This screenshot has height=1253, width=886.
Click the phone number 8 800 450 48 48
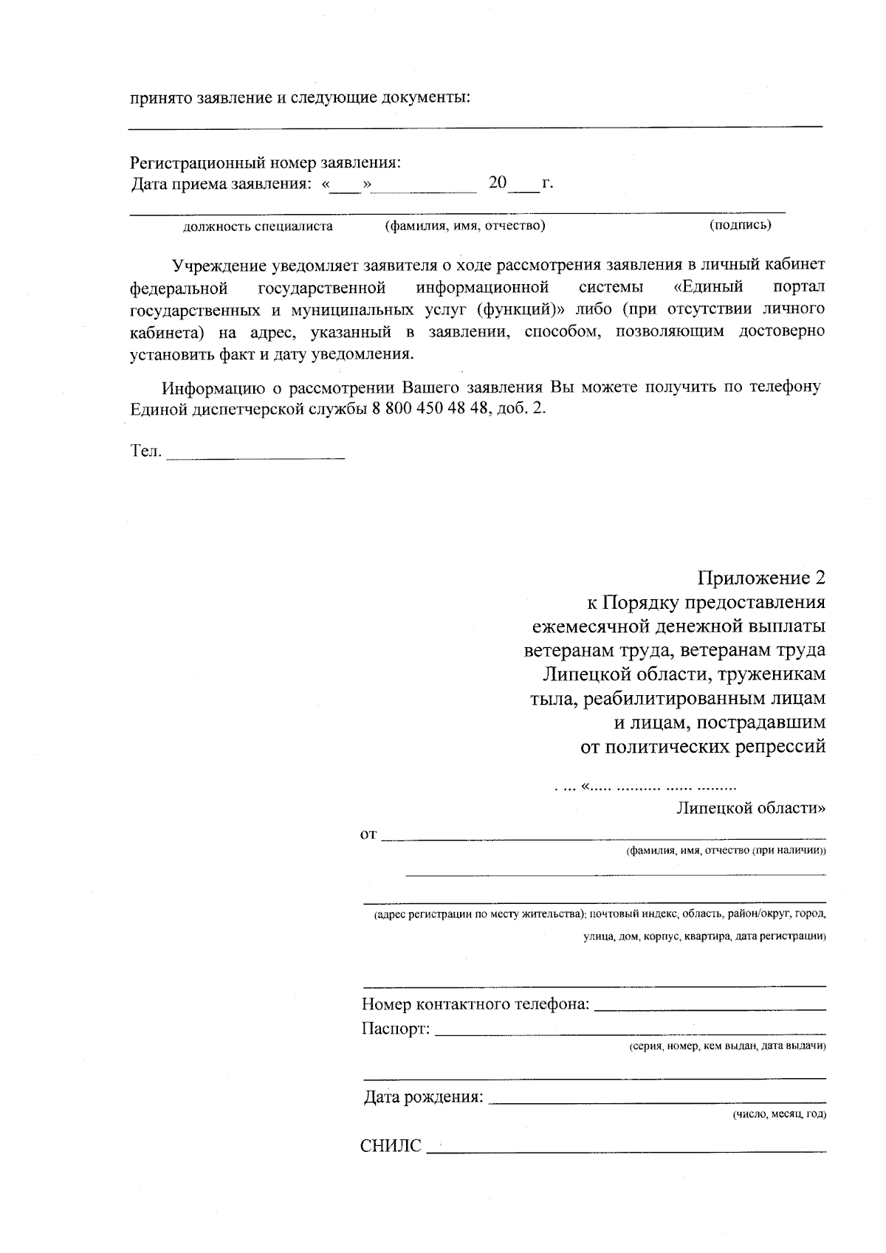click(427, 409)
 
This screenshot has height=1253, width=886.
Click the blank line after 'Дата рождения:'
click(657, 1100)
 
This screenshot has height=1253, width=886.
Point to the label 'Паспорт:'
click(395, 1028)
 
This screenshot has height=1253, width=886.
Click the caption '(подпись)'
click(740, 225)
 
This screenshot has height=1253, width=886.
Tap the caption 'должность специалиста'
click(258, 227)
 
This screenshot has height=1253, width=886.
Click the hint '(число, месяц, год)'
click(779, 1114)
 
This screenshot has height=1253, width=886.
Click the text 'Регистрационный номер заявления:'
click(266, 162)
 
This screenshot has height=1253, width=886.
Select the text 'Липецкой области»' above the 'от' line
click(751, 807)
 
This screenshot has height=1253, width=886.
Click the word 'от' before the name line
click(368, 835)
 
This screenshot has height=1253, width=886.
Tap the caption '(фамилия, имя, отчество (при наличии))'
click(726, 851)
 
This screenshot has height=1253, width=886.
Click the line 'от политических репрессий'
click(702, 747)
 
